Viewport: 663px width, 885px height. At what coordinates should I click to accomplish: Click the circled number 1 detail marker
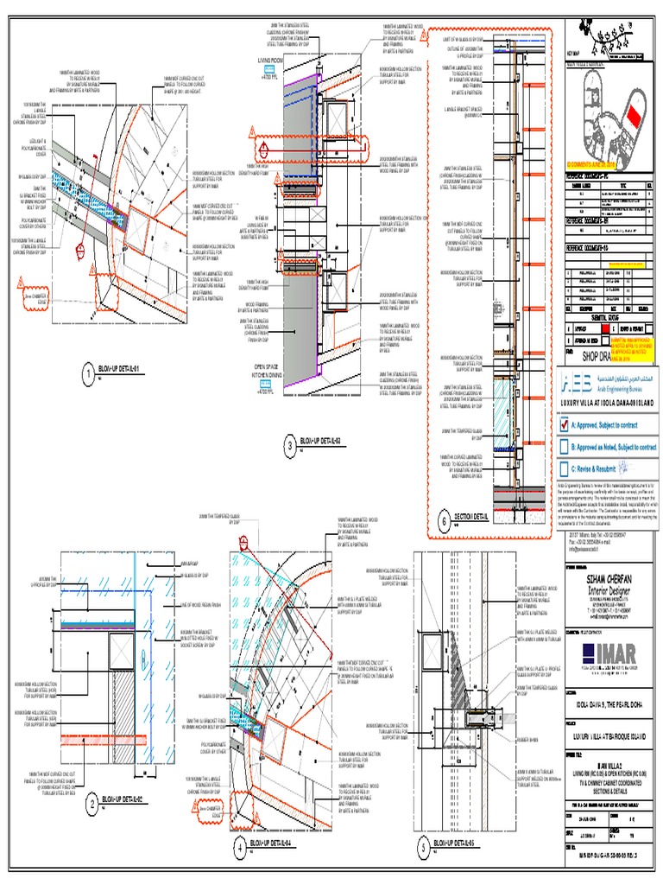click(87, 373)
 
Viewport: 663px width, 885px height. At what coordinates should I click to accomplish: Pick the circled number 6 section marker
click(444, 520)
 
